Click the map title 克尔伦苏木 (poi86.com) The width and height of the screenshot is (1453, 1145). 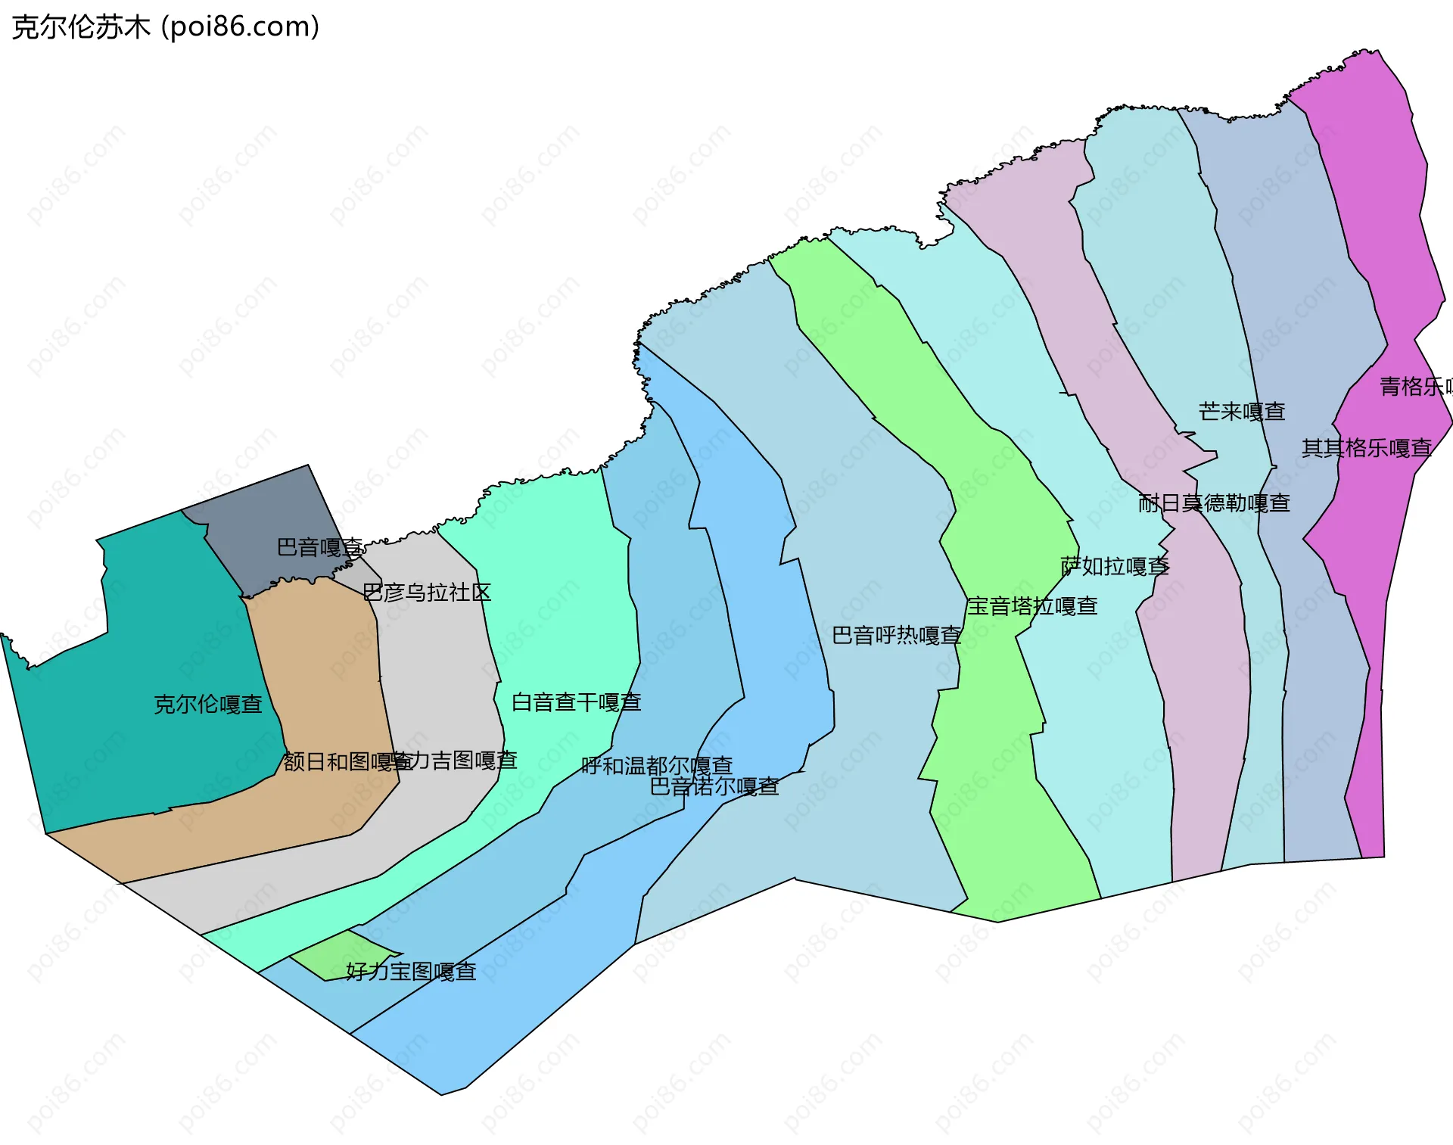(x=166, y=27)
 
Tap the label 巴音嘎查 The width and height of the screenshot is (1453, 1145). (x=319, y=547)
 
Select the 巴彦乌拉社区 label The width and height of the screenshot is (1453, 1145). (x=427, y=593)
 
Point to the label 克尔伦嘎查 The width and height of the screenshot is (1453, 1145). (x=208, y=705)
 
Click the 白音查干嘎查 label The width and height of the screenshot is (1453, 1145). (x=577, y=702)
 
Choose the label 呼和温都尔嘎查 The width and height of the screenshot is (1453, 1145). (x=657, y=766)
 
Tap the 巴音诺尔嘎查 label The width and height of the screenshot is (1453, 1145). (x=714, y=787)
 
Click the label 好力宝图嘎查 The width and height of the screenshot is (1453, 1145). (x=411, y=971)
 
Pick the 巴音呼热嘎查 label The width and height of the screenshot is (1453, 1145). (x=897, y=636)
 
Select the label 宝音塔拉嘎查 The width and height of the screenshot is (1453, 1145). (x=1032, y=606)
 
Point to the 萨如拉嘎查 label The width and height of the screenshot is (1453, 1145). (x=1115, y=566)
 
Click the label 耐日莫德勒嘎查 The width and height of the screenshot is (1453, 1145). (x=1214, y=503)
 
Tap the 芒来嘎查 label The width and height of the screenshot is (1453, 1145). (x=1242, y=412)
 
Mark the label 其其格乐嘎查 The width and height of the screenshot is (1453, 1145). (x=1367, y=448)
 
